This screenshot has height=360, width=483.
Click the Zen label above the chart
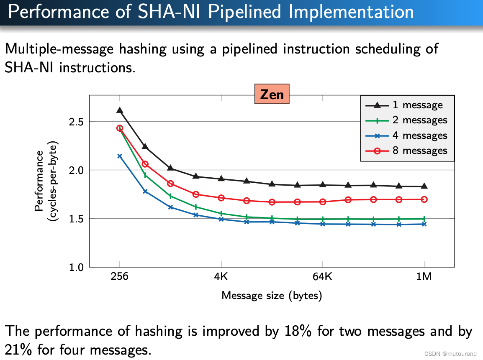point(272,94)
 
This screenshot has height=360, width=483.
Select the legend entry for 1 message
point(404,105)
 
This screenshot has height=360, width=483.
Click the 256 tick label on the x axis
point(120,277)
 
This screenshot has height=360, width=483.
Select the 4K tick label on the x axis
point(221,277)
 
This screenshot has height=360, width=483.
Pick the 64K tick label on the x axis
point(322,277)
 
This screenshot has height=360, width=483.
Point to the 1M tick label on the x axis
point(424,277)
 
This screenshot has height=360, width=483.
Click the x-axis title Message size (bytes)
point(272,296)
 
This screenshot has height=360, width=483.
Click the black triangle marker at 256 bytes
point(120,110)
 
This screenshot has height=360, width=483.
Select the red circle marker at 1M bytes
point(424,199)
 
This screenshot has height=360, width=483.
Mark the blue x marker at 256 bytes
point(120,156)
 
